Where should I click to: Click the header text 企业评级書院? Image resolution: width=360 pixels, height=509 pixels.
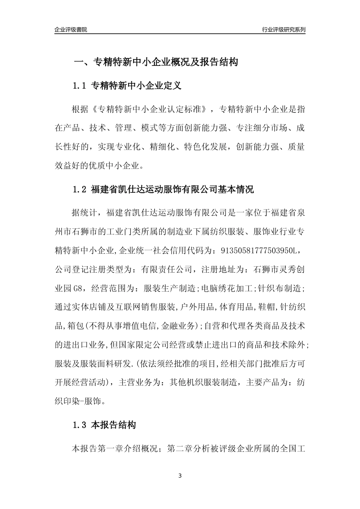[x=71, y=30]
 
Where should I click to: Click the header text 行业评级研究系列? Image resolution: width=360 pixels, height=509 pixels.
[x=283, y=30]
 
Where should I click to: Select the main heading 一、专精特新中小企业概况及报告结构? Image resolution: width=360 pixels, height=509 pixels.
[x=155, y=62]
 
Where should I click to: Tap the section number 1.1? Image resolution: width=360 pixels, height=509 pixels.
[x=80, y=86]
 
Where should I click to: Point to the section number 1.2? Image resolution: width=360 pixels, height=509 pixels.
[x=80, y=189]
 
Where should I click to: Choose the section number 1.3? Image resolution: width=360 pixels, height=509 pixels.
[x=80, y=425]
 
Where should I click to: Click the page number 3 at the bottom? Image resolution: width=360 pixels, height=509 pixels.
[x=180, y=476]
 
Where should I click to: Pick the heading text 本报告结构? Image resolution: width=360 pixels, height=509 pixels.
[x=113, y=425]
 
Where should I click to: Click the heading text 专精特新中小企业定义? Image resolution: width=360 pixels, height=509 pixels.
[x=136, y=86]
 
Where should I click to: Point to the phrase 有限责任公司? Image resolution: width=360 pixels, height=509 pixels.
[x=167, y=269]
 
